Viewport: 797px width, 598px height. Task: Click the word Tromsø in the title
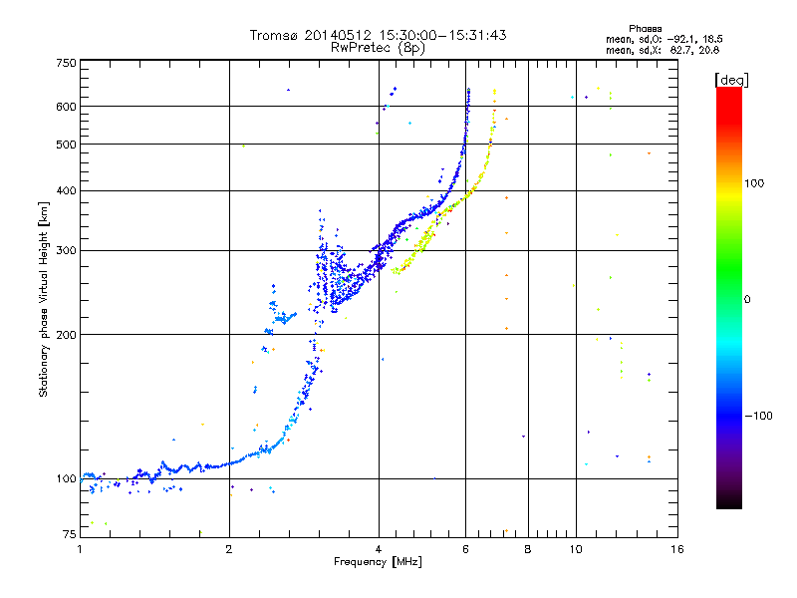click(x=275, y=35)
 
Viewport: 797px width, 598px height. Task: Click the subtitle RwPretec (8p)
click(x=378, y=48)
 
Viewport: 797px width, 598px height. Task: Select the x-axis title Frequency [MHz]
click(x=378, y=562)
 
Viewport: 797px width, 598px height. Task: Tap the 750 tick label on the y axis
click(x=67, y=63)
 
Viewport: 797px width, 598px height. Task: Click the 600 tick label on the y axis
click(x=66, y=107)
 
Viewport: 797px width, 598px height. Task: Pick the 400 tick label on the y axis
click(x=66, y=190)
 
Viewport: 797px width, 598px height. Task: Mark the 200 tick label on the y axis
click(x=66, y=335)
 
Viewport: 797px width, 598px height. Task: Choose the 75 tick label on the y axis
click(x=70, y=534)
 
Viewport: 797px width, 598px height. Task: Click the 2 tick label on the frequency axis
click(x=229, y=549)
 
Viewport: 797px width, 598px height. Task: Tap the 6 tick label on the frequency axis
click(x=465, y=549)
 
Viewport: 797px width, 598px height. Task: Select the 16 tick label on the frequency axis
click(x=677, y=549)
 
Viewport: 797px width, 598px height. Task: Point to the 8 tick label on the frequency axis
click(x=528, y=549)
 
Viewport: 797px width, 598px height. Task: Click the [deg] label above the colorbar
click(x=731, y=80)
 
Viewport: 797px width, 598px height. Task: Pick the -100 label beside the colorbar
click(x=759, y=416)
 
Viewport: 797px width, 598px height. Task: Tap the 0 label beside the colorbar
click(x=747, y=299)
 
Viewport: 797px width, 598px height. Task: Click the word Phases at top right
click(x=645, y=29)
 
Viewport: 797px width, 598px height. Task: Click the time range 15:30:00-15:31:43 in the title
click(x=442, y=35)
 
